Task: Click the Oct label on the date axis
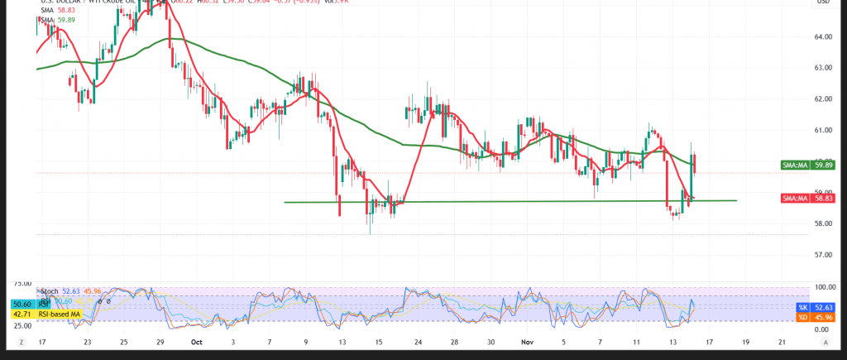point(197,341)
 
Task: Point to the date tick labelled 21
point(782,341)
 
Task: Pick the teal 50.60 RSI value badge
point(21,305)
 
